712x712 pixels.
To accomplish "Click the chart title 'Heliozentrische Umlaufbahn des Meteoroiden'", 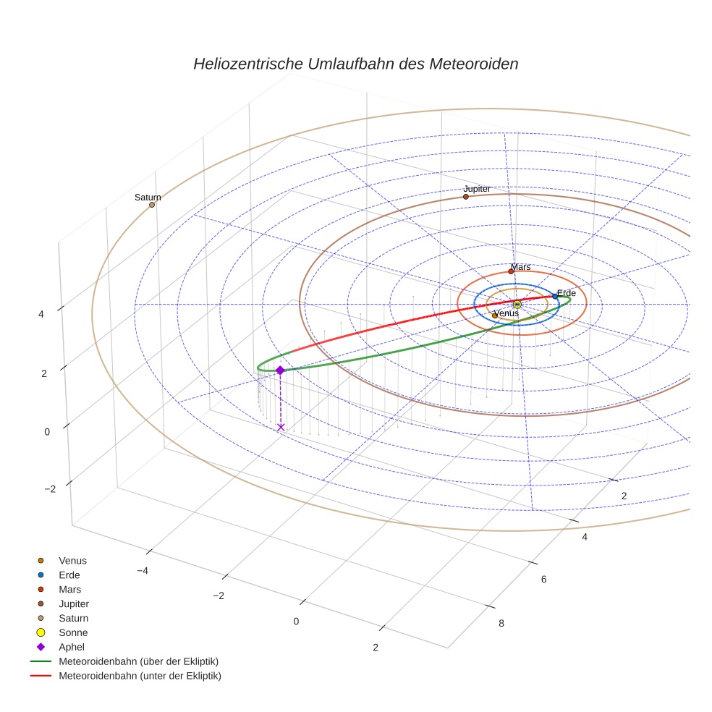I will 355,64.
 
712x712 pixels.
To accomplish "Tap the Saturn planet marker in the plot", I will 152,205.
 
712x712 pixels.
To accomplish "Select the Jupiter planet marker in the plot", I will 466,197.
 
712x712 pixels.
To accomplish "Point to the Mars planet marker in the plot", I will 511,271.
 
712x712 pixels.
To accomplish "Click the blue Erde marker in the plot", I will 555,296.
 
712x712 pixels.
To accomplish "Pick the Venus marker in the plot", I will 494,315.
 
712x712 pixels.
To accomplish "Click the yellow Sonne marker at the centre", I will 517,304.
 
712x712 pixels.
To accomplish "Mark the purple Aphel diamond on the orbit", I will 280,370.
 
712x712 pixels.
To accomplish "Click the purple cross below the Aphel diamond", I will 281,427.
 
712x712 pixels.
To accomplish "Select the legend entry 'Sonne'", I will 73,632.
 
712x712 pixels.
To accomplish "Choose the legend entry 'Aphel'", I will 72,647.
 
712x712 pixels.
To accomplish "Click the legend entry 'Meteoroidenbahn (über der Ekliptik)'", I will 138,661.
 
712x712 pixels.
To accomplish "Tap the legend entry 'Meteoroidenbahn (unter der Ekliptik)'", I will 140,676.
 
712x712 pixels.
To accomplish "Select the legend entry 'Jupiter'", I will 74,603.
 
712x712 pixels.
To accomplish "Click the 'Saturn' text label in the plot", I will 148,198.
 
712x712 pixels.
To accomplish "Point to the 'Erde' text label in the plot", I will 566,293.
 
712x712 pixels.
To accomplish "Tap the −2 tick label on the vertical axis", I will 50,489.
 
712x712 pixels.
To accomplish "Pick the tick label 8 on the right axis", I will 502,624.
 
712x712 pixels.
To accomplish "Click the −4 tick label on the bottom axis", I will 143,571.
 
